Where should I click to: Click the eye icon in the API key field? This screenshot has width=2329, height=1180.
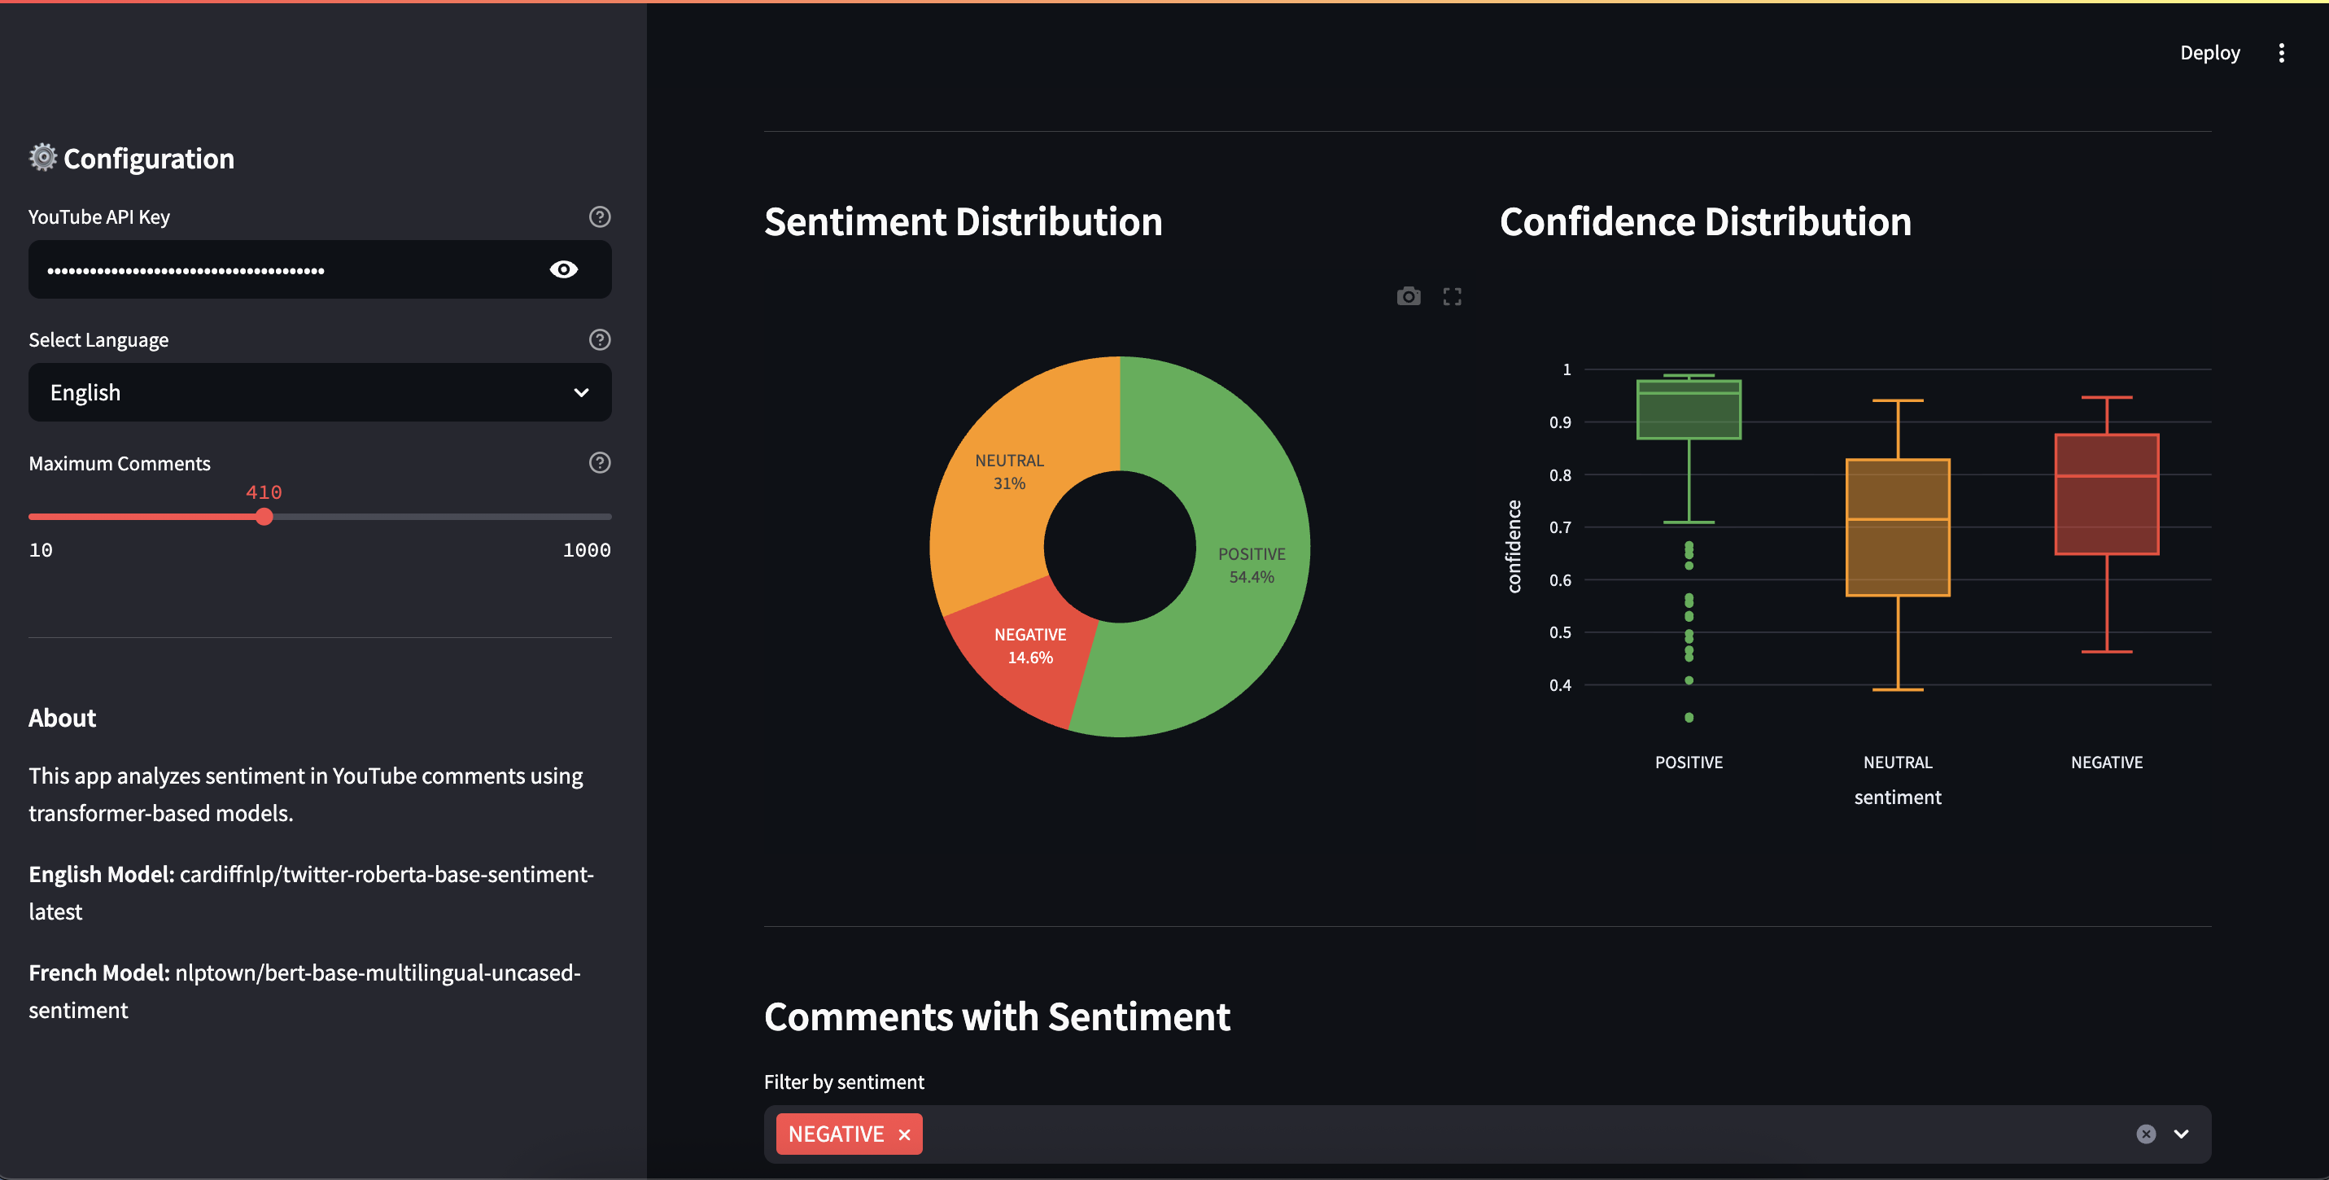(563, 269)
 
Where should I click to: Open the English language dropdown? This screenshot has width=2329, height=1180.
(319, 392)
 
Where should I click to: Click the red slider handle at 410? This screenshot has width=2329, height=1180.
(264, 518)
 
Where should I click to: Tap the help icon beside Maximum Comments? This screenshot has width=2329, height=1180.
(600, 463)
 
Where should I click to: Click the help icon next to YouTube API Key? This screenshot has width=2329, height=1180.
(600, 217)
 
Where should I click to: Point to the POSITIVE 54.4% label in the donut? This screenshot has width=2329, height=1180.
(1252, 565)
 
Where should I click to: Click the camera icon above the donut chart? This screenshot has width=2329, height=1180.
(1408, 296)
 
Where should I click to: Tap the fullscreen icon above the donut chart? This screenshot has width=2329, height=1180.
(1452, 296)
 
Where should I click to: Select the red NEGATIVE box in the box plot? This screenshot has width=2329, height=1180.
(2106, 506)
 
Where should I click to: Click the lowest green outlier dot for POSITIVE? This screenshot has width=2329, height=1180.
(1689, 718)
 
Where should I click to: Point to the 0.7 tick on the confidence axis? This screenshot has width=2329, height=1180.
(1560, 527)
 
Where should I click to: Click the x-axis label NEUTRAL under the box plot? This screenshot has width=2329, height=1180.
(1897, 763)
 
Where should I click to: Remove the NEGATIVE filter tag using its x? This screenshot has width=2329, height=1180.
(904, 1134)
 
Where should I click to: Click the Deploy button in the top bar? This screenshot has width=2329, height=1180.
(2209, 52)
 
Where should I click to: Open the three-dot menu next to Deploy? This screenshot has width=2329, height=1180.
(2281, 52)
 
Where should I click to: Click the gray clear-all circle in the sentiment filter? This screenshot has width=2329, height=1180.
(2145, 1134)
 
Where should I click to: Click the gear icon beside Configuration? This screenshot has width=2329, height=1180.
(42, 157)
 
